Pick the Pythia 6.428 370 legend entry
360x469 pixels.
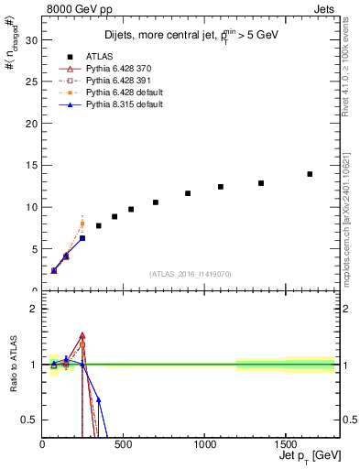click(116, 70)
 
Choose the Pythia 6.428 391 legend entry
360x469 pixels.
click(116, 82)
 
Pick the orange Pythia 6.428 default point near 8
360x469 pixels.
click(82, 224)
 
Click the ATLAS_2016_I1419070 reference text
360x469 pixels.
click(191, 273)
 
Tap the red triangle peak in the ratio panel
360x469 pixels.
click(82, 335)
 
